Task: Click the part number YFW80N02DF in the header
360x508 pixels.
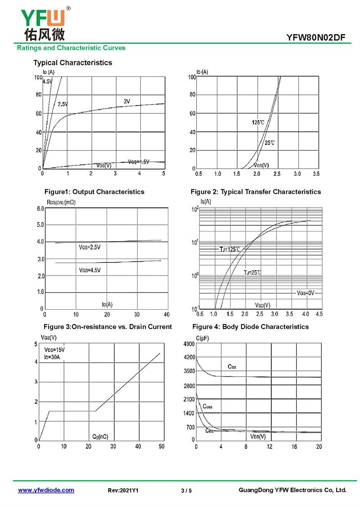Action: [x=315, y=37]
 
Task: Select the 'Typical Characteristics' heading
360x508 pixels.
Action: [x=72, y=62]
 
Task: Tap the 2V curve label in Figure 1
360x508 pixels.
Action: [x=127, y=102]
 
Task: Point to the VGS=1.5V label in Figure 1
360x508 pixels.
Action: [x=138, y=161]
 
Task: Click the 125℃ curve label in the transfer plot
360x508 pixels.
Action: [x=258, y=122]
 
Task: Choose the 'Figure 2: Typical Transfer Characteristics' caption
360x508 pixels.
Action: [x=256, y=192]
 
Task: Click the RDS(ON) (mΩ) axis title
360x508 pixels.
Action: [x=61, y=202]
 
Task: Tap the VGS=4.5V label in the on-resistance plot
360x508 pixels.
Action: [x=90, y=270]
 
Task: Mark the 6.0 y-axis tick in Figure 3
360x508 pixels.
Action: [x=40, y=209]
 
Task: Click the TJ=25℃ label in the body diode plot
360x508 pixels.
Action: [x=252, y=272]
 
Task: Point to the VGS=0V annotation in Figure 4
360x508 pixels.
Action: [x=306, y=293]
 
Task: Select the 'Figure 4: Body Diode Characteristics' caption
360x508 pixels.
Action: [x=250, y=326]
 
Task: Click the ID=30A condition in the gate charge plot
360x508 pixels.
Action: [x=52, y=357]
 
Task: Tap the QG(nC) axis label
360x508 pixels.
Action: [x=100, y=436]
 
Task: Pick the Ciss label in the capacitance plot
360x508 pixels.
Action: [x=232, y=367]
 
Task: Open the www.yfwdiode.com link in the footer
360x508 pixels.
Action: [x=46, y=490]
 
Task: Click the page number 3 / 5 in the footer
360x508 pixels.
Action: [x=186, y=490]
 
